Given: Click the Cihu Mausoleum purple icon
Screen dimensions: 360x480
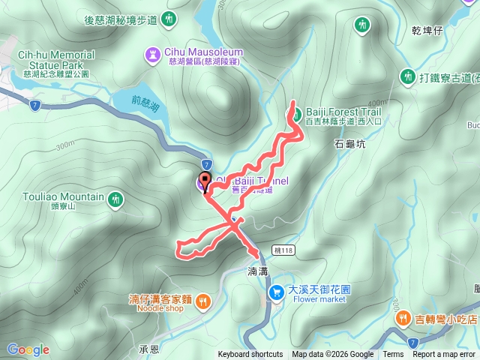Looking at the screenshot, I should pyautogui.click(x=151, y=52).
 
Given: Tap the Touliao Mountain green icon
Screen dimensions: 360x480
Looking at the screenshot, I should pyautogui.click(x=115, y=199).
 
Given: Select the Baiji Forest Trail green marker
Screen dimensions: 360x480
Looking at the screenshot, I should pyautogui.click(x=296, y=115).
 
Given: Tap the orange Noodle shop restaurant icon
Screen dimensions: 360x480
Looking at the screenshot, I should pyautogui.click(x=203, y=301).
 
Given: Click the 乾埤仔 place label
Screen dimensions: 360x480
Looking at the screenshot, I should pyautogui.click(x=427, y=31).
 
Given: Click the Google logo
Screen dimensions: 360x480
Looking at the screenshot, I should pyautogui.click(x=28, y=349).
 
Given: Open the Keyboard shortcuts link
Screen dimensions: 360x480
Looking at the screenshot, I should pyautogui.click(x=250, y=355).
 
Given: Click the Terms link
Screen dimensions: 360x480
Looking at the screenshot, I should pyautogui.click(x=393, y=355).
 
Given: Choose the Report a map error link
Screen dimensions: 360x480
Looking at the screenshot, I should pyautogui.click(x=444, y=355).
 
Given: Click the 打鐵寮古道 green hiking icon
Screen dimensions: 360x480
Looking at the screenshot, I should pyautogui.click(x=408, y=76).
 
